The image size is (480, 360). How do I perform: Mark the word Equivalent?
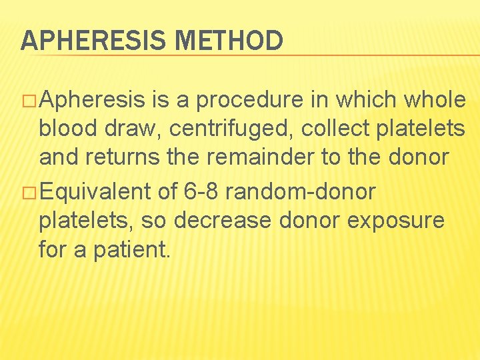click(95, 192)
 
